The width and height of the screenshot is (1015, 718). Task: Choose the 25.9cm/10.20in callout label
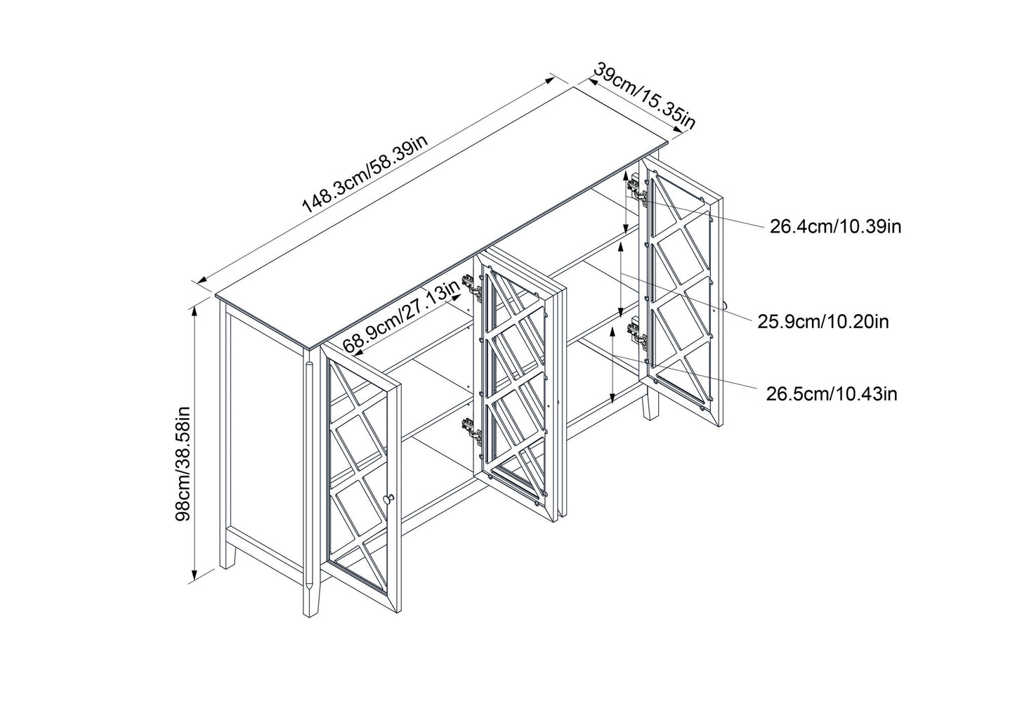(x=823, y=322)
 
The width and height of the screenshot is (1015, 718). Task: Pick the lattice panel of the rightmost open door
(x=681, y=295)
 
